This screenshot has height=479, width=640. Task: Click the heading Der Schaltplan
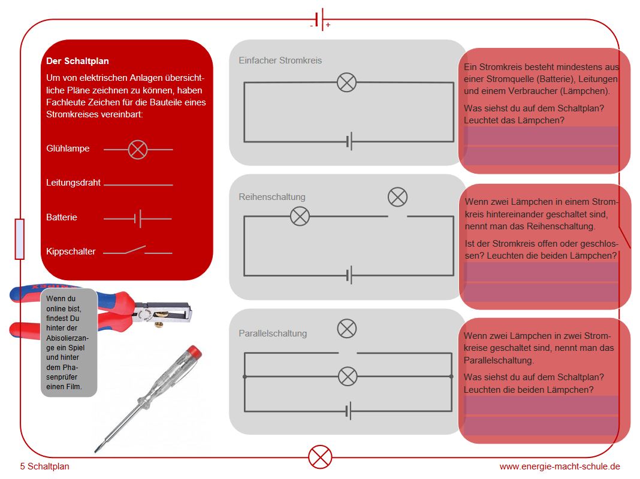(77, 61)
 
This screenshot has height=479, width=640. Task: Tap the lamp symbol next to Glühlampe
(138, 149)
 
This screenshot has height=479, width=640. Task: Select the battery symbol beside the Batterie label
(138, 219)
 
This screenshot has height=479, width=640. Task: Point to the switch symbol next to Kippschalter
(137, 251)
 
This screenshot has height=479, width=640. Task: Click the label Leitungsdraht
(73, 183)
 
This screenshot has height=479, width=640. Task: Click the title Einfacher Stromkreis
(280, 60)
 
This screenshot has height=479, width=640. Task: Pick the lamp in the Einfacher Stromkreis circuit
(346, 82)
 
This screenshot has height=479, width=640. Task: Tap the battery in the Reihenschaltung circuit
(349, 275)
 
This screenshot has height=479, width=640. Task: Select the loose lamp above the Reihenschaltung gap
(397, 197)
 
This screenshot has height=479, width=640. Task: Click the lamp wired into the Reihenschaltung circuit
(300, 216)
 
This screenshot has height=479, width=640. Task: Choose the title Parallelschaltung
(273, 334)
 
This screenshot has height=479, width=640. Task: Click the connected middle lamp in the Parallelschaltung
(348, 377)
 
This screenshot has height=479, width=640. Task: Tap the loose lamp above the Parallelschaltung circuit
(347, 328)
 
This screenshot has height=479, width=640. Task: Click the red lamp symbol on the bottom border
(320, 457)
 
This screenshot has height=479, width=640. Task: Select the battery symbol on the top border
(320, 19)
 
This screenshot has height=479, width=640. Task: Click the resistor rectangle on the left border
(20, 239)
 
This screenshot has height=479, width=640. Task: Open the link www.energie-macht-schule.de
(560, 466)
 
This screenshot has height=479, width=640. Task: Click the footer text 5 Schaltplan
(44, 466)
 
